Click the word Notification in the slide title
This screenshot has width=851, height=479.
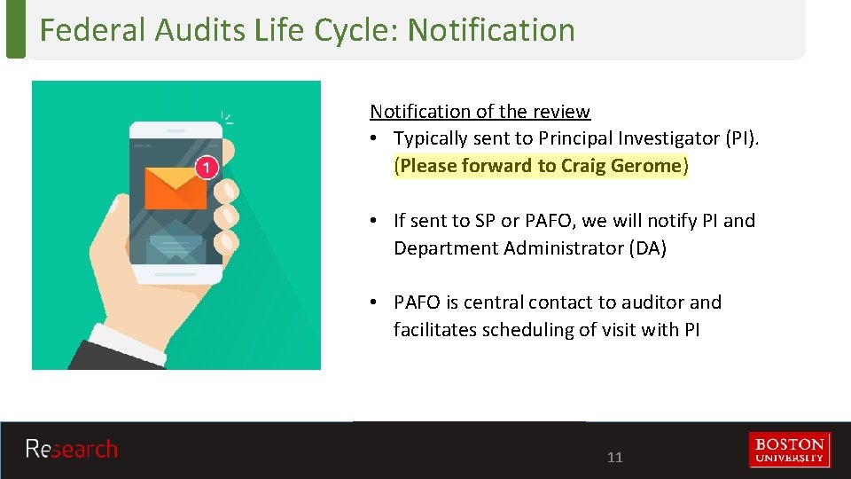click(x=491, y=30)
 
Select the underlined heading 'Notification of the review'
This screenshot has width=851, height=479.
click(x=480, y=112)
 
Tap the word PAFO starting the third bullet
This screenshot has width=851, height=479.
click(x=421, y=302)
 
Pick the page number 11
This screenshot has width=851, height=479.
click(x=614, y=458)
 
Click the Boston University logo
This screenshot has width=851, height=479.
click(x=789, y=450)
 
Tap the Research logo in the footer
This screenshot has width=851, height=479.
click(x=71, y=450)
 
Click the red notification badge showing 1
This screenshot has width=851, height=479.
click(x=206, y=167)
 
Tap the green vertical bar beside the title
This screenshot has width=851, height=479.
click(x=15, y=29)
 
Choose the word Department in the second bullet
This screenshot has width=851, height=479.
click(x=447, y=248)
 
